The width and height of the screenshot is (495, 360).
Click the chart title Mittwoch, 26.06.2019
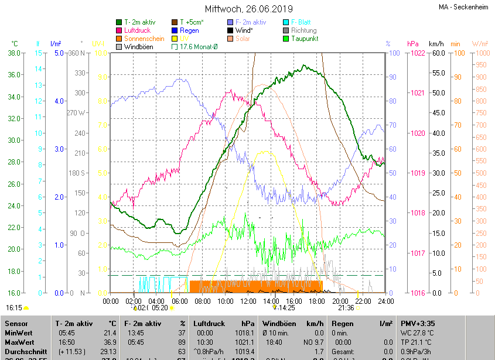coord(248,9)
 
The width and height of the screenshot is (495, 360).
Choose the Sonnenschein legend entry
coord(144,39)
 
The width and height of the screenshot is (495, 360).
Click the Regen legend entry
coord(189,30)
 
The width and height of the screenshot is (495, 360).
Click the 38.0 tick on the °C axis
coord(14,53)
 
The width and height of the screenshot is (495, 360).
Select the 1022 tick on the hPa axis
coord(417,53)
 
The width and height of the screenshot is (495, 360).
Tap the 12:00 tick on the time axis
coord(248,301)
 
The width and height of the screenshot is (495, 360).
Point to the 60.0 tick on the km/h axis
coord(437,53)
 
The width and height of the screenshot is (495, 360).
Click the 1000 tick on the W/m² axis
coord(480,53)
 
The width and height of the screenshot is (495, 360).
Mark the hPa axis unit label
coord(412,44)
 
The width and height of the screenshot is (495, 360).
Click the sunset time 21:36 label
coord(346,308)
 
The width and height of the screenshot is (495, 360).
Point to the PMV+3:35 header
coord(419,324)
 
